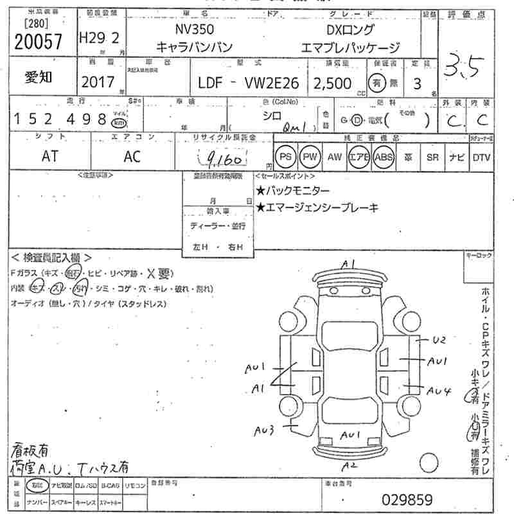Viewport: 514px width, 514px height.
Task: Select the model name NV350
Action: pyautogui.click(x=195, y=30)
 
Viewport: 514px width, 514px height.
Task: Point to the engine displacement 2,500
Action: pyautogui.click(x=332, y=83)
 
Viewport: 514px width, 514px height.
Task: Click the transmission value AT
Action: pyautogui.click(x=49, y=155)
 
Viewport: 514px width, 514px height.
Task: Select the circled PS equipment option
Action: pyautogui.click(x=285, y=156)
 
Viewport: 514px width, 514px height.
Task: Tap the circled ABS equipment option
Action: pyautogui.click(x=384, y=156)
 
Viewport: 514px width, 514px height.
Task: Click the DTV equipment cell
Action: pyautogui.click(x=481, y=156)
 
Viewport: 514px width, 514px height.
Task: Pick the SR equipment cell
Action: pyautogui.click(x=432, y=156)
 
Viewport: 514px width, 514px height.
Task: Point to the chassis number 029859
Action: pyautogui.click(x=407, y=499)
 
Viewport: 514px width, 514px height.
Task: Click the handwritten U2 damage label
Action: pyautogui.click(x=438, y=339)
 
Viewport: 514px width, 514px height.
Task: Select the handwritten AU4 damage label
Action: pyautogui.click(x=439, y=389)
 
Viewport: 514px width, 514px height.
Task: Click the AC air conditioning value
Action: pyautogui.click(x=132, y=155)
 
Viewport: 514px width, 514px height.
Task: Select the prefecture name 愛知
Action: pyautogui.click(x=39, y=78)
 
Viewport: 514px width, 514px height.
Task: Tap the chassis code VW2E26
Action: pyautogui.click(x=271, y=83)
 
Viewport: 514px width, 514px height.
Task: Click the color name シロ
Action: pyautogui.click(x=272, y=116)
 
